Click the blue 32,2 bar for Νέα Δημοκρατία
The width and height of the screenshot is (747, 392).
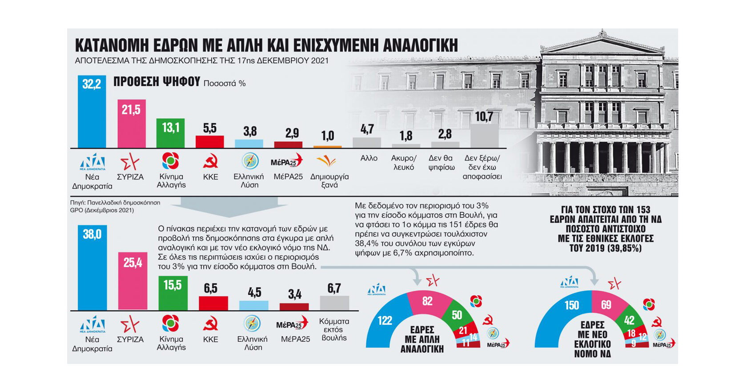[x=92, y=116]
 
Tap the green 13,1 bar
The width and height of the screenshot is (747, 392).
[x=170, y=136]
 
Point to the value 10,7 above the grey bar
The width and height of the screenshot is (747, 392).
[x=484, y=117]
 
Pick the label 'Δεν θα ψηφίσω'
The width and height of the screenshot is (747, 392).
[x=441, y=163]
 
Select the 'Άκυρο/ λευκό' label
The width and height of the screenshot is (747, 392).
[x=404, y=163]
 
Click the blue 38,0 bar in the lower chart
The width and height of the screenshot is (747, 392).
[x=92, y=271]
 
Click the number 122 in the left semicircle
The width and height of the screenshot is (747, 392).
[x=385, y=320]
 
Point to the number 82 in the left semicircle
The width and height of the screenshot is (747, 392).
[x=427, y=301]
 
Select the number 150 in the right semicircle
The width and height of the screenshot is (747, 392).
[x=572, y=305]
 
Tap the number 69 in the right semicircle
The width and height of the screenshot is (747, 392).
[x=606, y=305]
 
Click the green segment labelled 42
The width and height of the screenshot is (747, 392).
[x=629, y=320]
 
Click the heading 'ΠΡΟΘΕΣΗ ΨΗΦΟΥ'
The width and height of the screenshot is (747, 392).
[x=157, y=82]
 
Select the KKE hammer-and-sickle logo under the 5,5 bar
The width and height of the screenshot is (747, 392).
[x=210, y=162]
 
